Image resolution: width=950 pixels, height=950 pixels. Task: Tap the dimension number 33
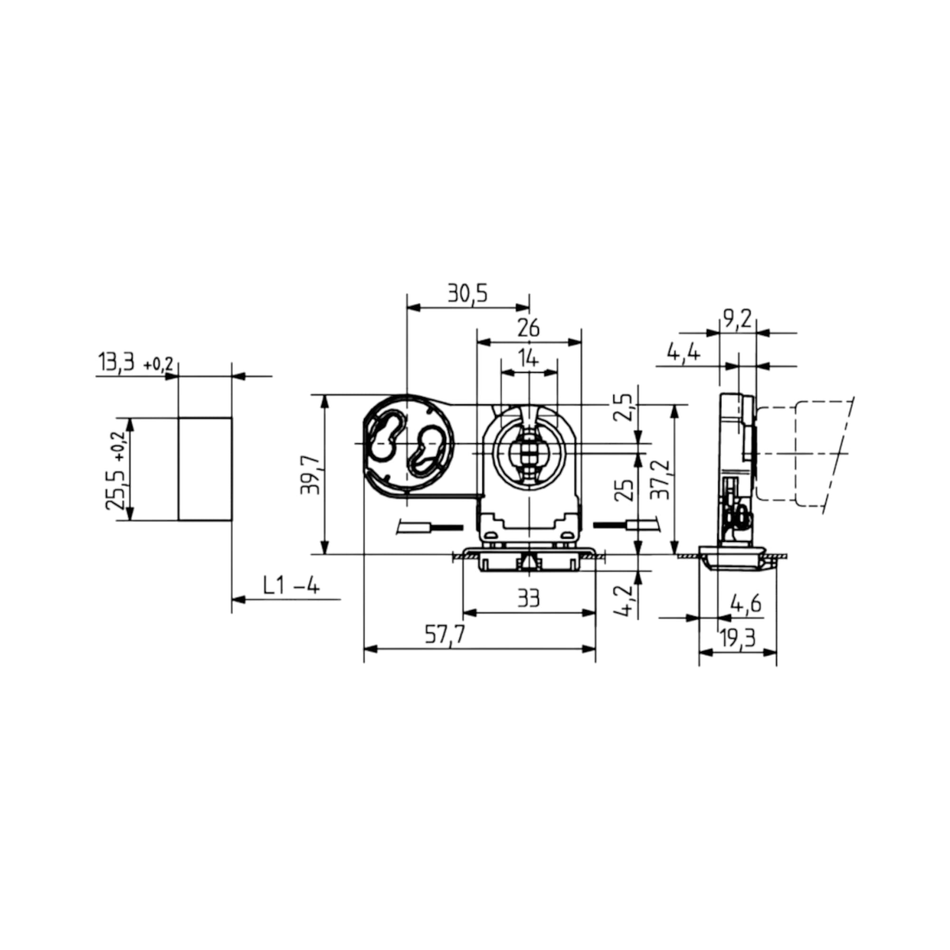tap(529, 598)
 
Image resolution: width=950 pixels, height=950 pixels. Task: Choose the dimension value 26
tap(529, 328)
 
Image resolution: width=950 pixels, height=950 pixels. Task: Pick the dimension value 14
tap(529, 360)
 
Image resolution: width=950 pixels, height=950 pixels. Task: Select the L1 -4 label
tap(291, 586)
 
